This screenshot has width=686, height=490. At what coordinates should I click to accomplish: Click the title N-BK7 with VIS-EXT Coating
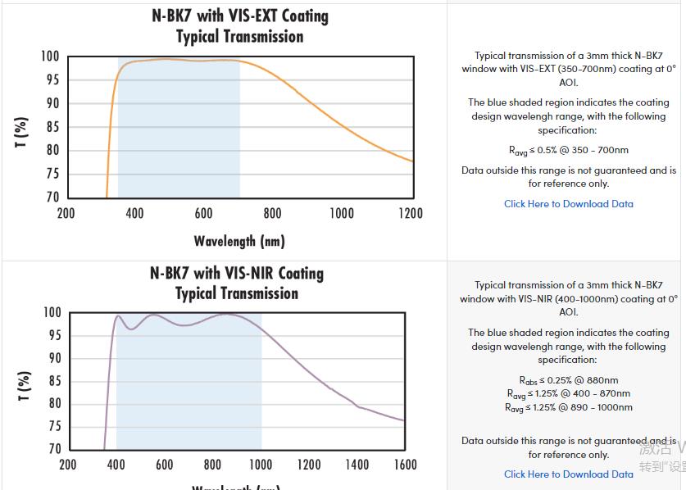(x=239, y=16)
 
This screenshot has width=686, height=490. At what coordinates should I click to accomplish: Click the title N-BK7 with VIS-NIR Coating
(x=236, y=273)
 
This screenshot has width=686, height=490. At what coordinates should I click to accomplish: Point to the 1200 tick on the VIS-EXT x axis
(x=411, y=213)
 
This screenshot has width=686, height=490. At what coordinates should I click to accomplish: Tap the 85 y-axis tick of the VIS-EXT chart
(x=51, y=127)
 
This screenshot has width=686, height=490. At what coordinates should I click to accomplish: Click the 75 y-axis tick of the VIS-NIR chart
(x=53, y=426)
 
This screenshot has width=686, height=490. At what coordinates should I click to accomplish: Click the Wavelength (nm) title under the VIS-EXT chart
(x=239, y=241)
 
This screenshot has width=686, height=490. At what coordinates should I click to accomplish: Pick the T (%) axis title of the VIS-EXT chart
(x=22, y=132)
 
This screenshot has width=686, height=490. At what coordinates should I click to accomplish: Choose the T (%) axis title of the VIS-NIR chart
(x=25, y=386)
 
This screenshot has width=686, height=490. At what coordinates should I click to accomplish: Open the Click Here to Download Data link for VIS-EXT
(x=568, y=203)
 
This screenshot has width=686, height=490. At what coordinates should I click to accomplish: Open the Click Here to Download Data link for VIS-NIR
(x=568, y=474)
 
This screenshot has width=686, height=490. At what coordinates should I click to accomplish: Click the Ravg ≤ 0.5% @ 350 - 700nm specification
(x=568, y=150)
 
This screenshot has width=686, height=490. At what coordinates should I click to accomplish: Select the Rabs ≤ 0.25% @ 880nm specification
(x=568, y=380)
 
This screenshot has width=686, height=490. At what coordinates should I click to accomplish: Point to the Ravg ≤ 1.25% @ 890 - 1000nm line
(x=568, y=407)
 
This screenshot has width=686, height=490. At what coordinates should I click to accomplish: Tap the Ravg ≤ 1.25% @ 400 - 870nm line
(x=568, y=393)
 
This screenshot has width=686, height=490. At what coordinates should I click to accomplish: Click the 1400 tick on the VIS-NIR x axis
(x=357, y=465)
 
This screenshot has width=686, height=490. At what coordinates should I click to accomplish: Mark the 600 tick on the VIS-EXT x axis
(x=203, y=213)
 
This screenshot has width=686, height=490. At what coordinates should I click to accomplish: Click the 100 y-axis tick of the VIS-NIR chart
(x=52, y=313)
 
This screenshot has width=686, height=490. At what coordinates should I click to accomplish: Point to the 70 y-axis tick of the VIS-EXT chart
(x=51, y=197)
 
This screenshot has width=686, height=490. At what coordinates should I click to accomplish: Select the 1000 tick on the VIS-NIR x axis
(x=260, y=465)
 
